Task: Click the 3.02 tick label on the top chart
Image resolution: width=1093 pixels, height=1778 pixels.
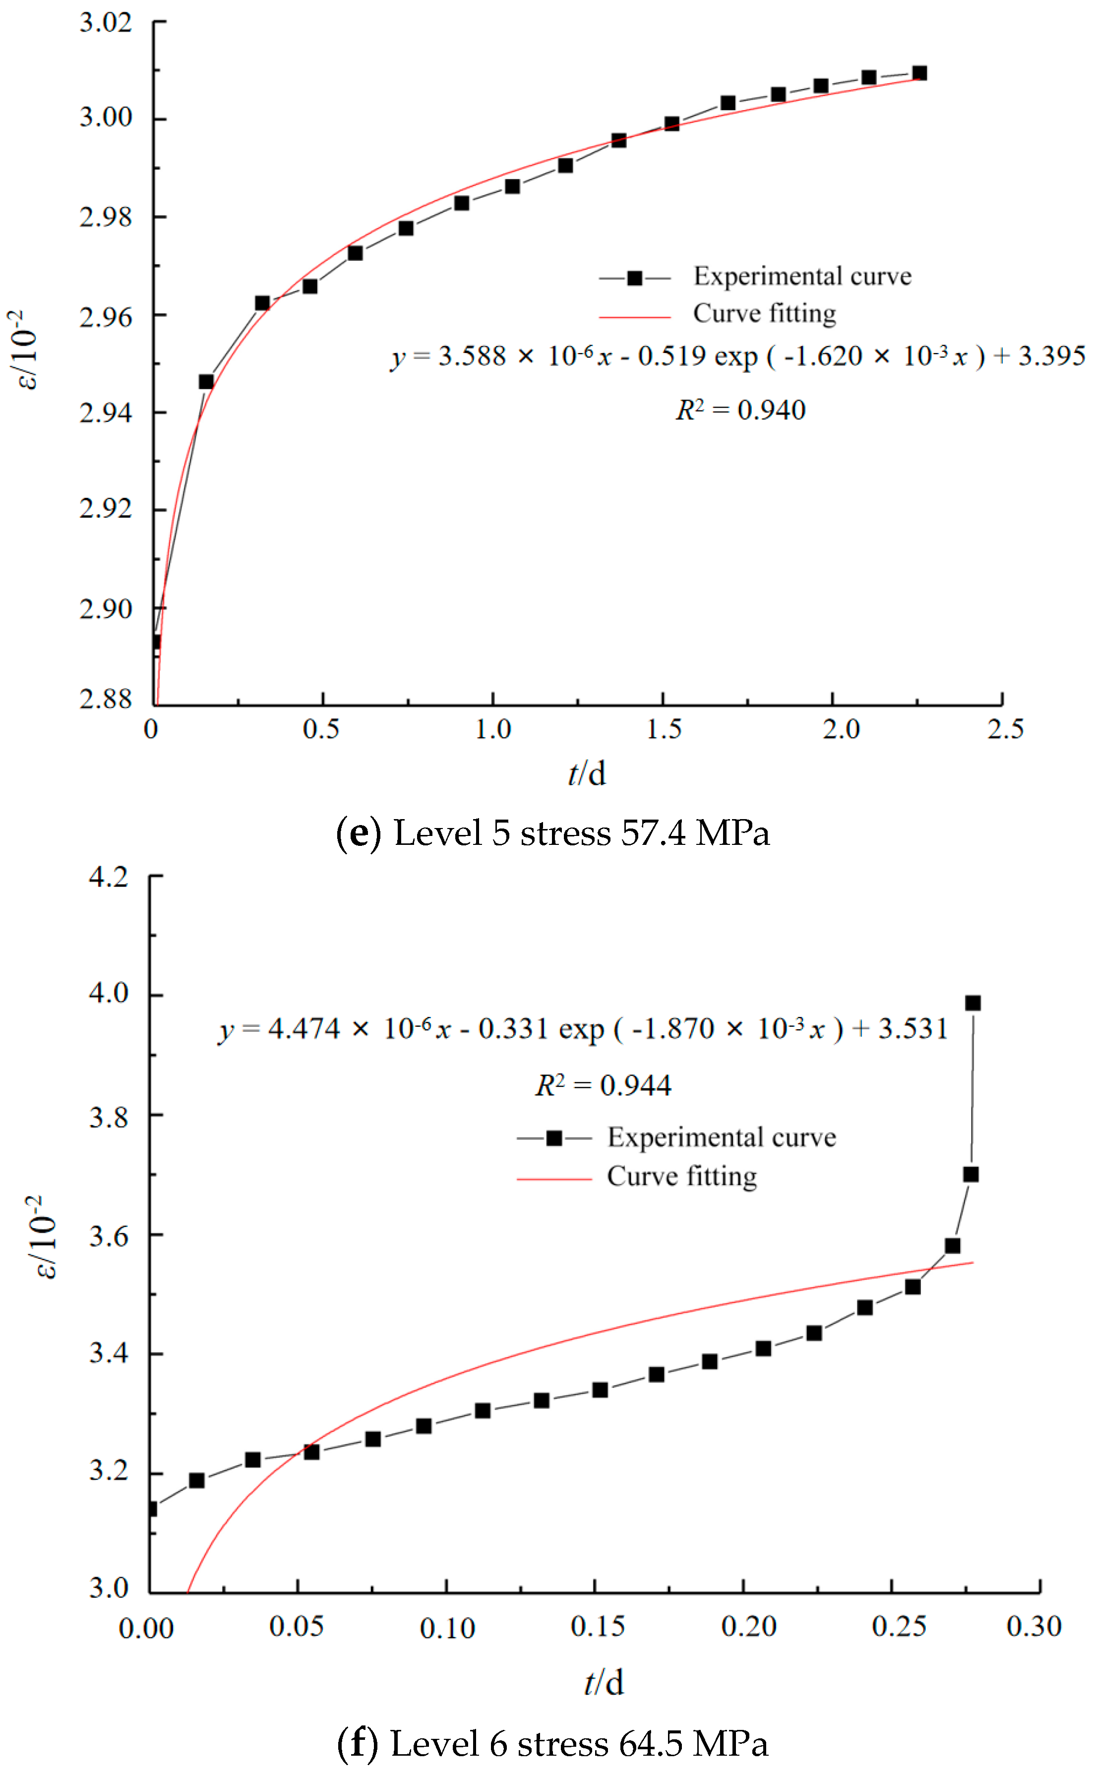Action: click(x=106, y=22)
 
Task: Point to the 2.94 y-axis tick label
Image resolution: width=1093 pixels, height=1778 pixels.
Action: click(x=106, y=413)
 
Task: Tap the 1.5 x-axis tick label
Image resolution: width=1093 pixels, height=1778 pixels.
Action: click(x=664, y=728)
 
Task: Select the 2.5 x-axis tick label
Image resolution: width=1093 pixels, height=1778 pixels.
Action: click(x=1005, y=728)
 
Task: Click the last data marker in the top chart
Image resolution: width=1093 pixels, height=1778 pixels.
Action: click(x=919, y=73)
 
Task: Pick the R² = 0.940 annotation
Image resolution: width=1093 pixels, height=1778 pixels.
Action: click(x=740, y=410)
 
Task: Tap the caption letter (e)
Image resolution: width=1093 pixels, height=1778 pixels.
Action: click(x=359, y=832)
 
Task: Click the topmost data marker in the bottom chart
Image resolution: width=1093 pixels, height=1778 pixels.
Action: click(x=973, y=1003)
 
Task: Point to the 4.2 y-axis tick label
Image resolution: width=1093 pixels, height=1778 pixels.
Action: click(x=109, y=877)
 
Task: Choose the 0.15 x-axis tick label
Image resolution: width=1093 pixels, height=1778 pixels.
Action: click(x=597, y=1626)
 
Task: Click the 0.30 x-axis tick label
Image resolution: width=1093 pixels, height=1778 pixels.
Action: click(x=1033, y=1626)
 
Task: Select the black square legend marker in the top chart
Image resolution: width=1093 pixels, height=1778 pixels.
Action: click(x=635, y=278)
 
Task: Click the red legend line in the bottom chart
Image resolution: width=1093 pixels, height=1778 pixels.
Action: click(x=554, y=1179)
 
